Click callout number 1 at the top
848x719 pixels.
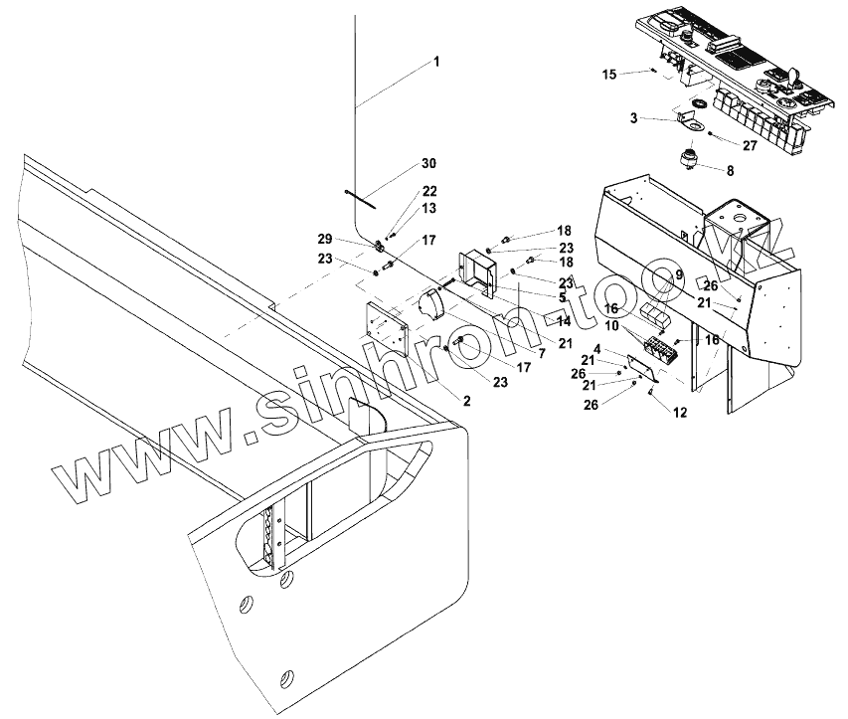[x=434, y=62]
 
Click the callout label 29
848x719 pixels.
[x=325, y=240]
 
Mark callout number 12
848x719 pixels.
[x=680, y=412]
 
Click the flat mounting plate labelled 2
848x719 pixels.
[x=387, y=326]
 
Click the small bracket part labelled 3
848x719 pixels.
[x=687, y=119]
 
